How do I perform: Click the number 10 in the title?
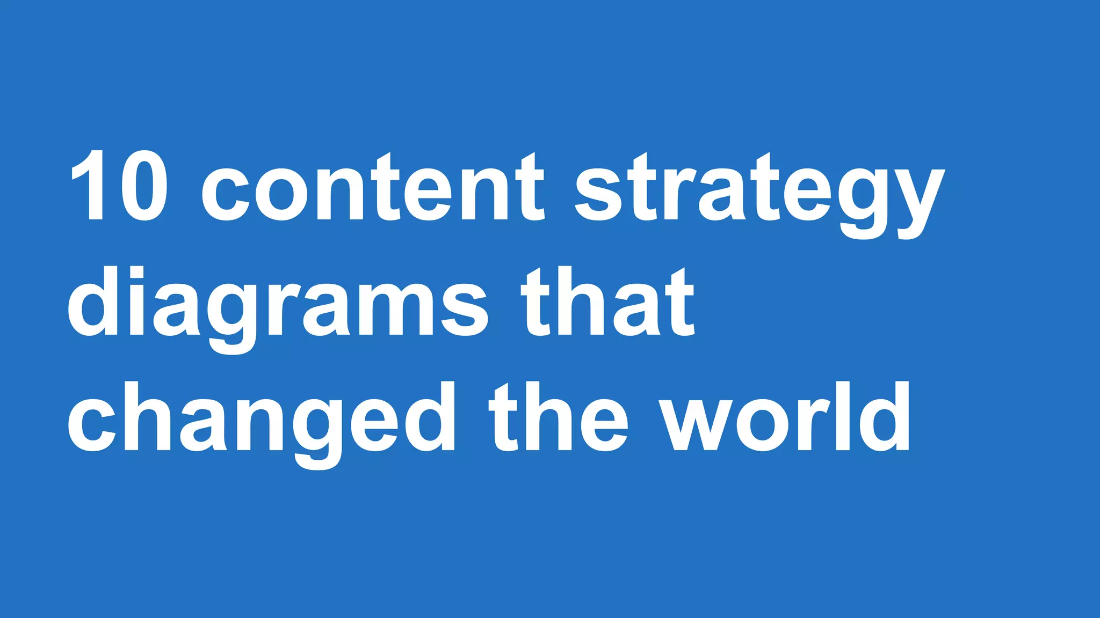coord(119,186)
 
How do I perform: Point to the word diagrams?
coord(277,306)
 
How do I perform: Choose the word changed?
coord(261,421)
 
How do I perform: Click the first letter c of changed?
coord(91,424)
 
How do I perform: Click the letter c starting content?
coord(225,193)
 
